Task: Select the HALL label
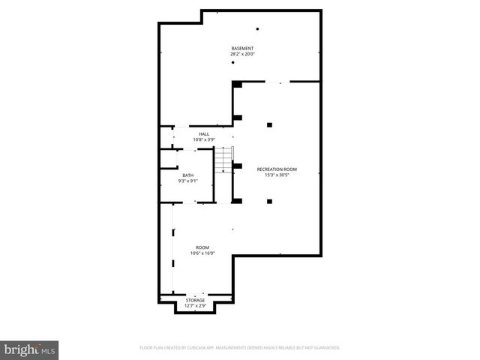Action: [x=204, y=133]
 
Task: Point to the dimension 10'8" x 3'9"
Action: [x=204, y=139]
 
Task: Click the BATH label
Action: [x=187, y=175]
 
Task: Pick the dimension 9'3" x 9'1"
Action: [x=187, y=181]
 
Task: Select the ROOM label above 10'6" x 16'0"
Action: [x=202, y=247]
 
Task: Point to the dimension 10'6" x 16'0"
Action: [x=202, y=253]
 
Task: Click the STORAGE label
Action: [x=195, y=300]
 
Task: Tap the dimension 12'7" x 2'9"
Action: [x=195, y=306]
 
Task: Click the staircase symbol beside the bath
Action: [x=223, y=160]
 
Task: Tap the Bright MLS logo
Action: [x=30, y=349]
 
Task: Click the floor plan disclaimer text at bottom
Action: [x=240, y=348]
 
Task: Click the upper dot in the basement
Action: [x=257, y=29]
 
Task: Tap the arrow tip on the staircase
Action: [x=223, y=172]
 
